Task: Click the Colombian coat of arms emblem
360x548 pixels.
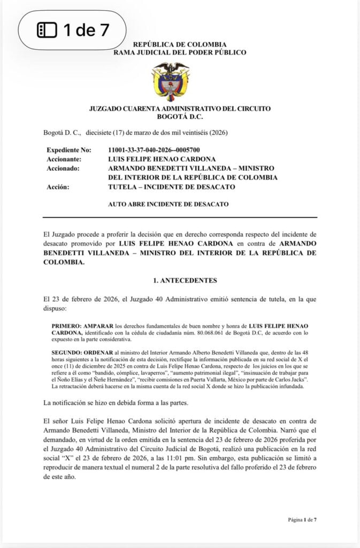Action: pyautogui.click(x=171, y=81)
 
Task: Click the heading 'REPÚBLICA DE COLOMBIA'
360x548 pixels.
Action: pyautogui.click(x=180, y=44)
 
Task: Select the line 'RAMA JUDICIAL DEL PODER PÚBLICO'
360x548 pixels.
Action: pyautogui.click(x=180, y=52)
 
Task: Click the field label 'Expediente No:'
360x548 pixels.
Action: pyautogui.click(x=69, y=150)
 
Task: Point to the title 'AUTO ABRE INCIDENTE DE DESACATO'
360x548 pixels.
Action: pyautogui.click(x=168, y=204)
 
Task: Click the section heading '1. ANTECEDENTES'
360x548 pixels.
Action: pyautogui.click(x=180, y=280)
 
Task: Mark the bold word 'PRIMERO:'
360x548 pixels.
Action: pyautogui.click(x=66, y=326)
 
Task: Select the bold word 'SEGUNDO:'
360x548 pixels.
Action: pyautogui.click(x=66, y=353)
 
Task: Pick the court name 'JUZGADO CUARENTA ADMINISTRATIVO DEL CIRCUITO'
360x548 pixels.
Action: pyautogui.click(x=180, y=109)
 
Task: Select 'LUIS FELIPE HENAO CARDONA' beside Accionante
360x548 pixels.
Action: pyautogui.click(x=162, y=159)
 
